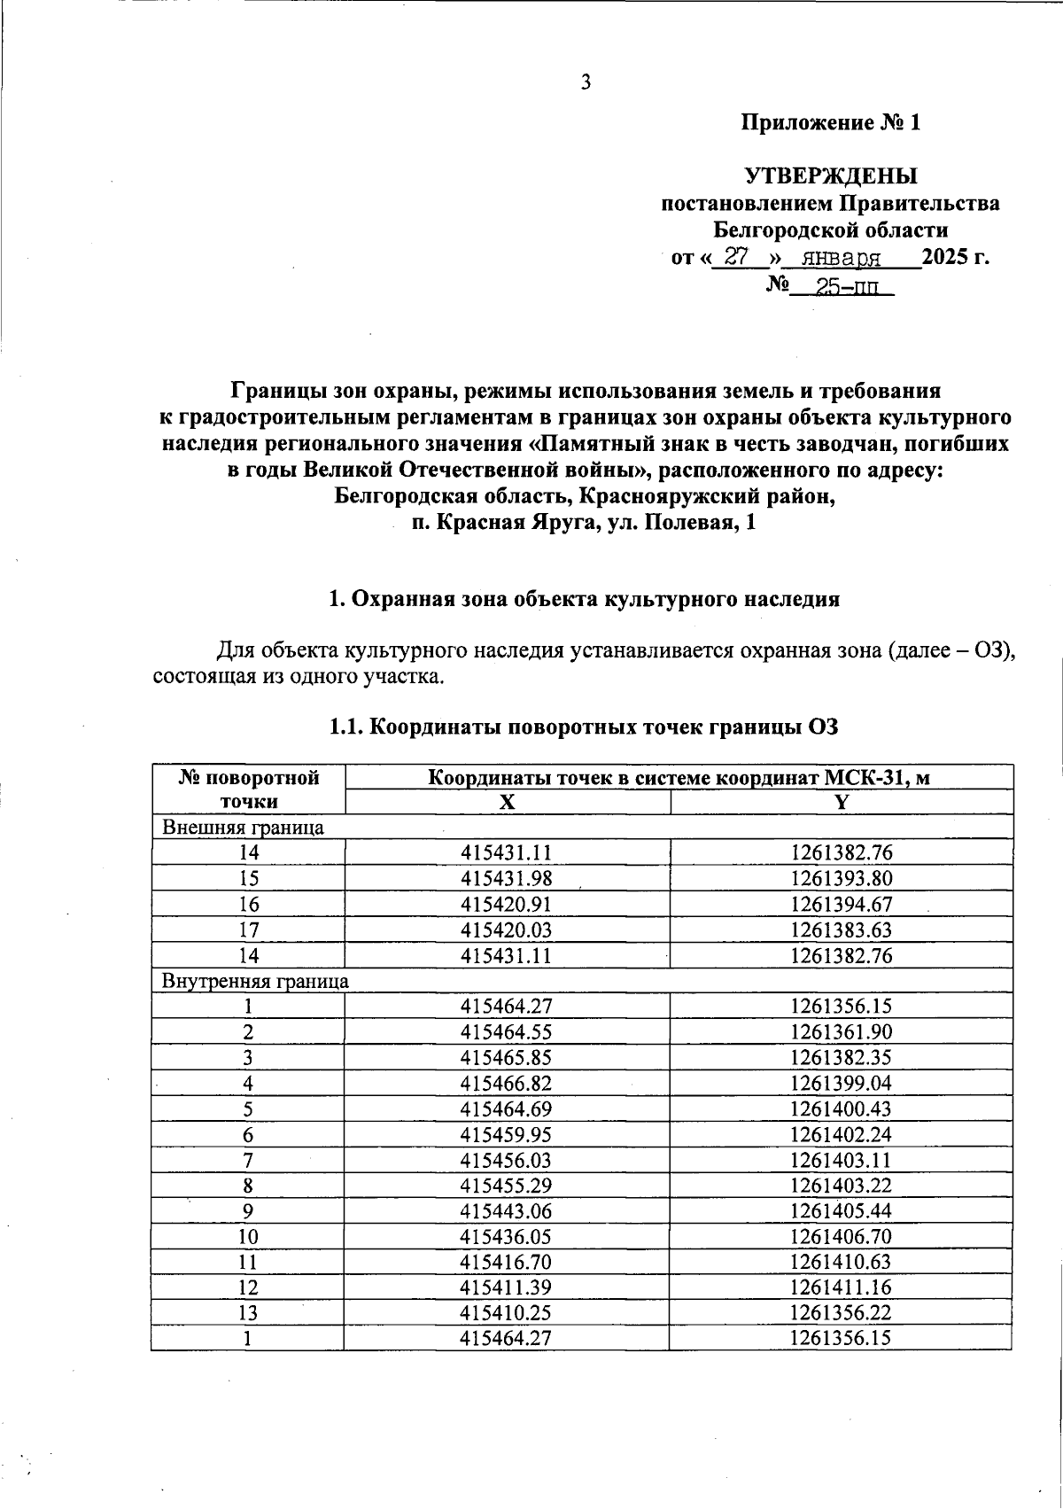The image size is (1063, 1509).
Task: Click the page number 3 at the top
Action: click(x=586, y=82)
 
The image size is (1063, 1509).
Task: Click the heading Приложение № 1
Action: click(x=831, y=122)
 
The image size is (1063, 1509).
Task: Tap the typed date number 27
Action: click(x=737, y=257)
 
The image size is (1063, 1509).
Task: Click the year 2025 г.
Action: click(x=955, y=258)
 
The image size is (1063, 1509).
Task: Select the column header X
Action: click(x=507, y=802)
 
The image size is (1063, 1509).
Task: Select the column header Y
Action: click(x=842, y=802)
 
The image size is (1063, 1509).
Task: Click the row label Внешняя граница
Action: click(x=242, y=828)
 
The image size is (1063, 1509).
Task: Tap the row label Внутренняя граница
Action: click(x=254, y=981)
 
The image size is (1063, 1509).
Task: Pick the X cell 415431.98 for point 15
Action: click(x=507, y=879)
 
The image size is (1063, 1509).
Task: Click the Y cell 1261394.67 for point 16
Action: click(x=842, y=905)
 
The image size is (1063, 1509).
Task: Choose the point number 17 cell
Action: click(x=248, y=930)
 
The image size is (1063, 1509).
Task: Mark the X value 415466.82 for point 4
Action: click(x=507, y=1084)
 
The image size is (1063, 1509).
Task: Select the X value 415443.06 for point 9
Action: click(x=507, y=1211)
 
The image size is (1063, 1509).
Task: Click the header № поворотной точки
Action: click(x=248, y=790)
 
